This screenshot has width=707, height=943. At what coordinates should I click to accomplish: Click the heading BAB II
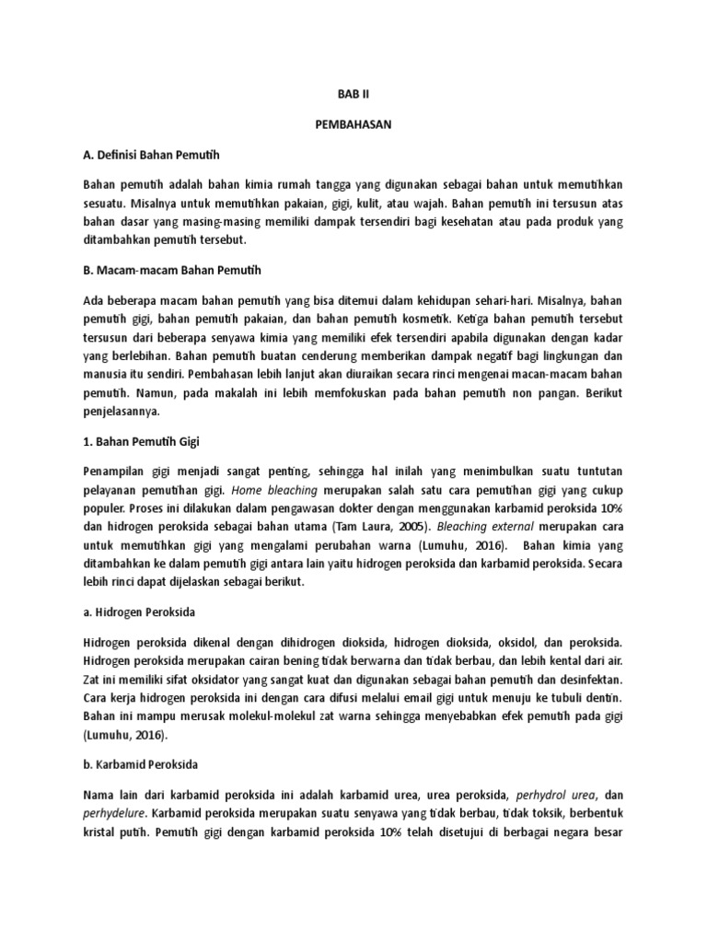[353, 94]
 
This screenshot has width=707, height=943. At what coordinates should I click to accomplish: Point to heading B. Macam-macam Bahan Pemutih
[172, 270]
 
